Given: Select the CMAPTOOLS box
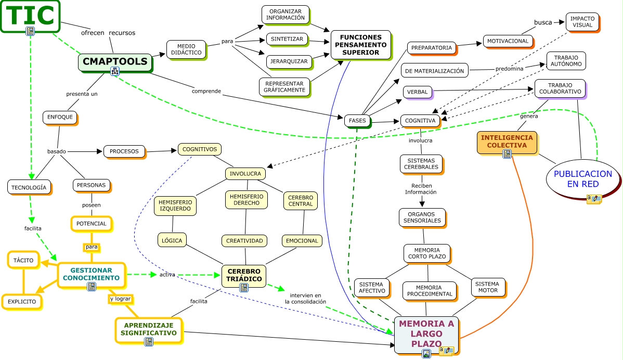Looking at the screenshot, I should tap(115, 61).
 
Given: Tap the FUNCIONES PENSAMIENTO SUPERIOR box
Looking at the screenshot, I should tap(360, 45).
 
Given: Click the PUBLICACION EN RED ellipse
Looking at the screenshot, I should tap(582, 178).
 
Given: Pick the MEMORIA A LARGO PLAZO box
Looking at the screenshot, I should tap(426, 332).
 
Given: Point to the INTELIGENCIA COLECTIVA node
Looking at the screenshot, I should tap(507, 141).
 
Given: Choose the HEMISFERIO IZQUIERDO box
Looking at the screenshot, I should tap(175, 205).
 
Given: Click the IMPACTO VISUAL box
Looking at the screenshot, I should tap(582, 22).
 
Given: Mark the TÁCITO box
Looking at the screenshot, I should tap(23, 260).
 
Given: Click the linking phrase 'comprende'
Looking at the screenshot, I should tap(206, 91).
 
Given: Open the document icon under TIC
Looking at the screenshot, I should tap(30, 31).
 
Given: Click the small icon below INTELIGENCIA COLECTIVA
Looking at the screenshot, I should tap(507, 153).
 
